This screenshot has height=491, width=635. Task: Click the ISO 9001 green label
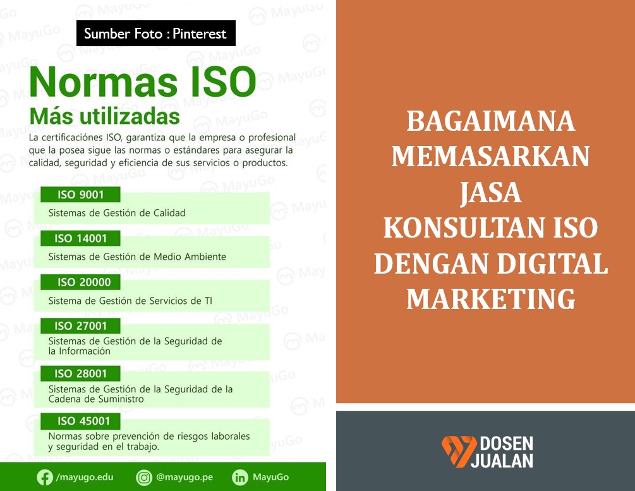[80, 195]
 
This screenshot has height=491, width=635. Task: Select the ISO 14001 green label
[80, 238]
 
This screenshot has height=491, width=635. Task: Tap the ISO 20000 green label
[80, 282]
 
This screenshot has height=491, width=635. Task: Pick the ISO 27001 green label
[80, 326]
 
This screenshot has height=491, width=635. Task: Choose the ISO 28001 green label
[80, 373]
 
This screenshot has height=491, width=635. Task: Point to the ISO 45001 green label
[80, 421]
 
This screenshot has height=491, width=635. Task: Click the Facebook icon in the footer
[45, 478]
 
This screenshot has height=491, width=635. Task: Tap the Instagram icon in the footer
[145, 478]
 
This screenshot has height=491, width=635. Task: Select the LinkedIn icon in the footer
[240, 478]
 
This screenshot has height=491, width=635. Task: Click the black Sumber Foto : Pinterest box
[155, 33]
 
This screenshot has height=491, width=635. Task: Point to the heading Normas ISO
[143, 83]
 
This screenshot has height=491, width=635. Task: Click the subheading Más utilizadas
[104, 117]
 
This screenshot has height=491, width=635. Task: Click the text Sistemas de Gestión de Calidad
[117, 213]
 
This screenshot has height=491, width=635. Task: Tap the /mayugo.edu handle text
[83, 478]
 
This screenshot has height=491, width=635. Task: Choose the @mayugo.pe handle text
[184, 478]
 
